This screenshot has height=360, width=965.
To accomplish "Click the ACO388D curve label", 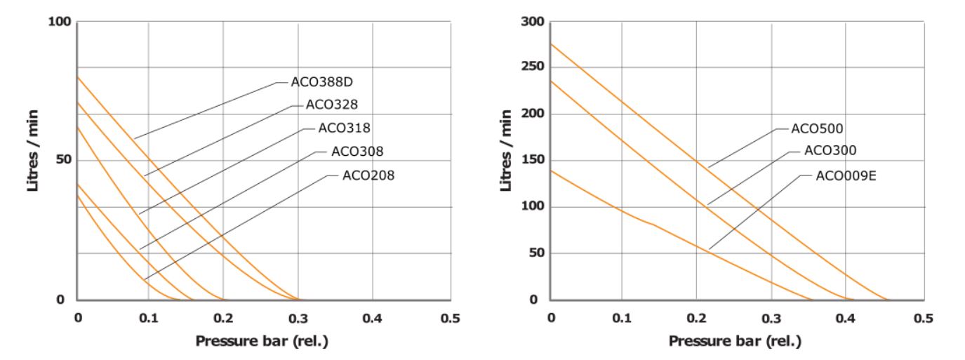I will coord(321,82).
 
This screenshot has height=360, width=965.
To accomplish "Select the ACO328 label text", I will coord(332,105).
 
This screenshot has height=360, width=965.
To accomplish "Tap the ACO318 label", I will coord(344,128).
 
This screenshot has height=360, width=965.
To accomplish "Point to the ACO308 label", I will coord(357,152).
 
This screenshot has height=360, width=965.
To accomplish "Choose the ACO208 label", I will coord(368,175).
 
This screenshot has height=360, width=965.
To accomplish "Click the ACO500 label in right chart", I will coord(817,128).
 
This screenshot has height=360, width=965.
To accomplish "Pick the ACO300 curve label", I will coord(830,150).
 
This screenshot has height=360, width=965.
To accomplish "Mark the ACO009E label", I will coord(846,175).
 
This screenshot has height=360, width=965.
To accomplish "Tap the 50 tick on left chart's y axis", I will coord(63,160).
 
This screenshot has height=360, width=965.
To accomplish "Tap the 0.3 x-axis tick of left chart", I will coord(298,319).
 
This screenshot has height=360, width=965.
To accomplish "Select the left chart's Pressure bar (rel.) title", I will coord(262,342).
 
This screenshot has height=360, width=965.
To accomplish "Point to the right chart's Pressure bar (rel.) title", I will coord(735,342).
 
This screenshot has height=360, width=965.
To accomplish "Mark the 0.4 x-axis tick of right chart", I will coord(846,319).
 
